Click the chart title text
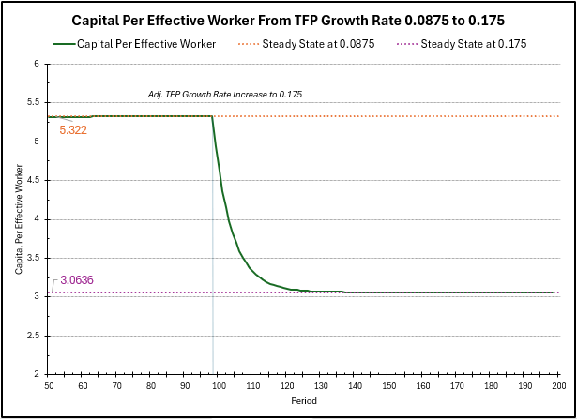[x=287, y=20]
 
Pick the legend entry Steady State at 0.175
[x=474, y=43]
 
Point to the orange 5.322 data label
[x=73, y=130]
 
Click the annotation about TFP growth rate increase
[x=225, y=95]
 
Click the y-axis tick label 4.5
[x=35, y=180]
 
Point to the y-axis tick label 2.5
[x=35, y=335]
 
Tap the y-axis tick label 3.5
[x=35, y=258]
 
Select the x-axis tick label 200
[x=558, y=384]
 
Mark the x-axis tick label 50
[x=49, y=384]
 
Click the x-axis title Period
[x=303, y=400]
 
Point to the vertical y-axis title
[x=18, y=219]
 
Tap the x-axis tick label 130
[x=320, y=384]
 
